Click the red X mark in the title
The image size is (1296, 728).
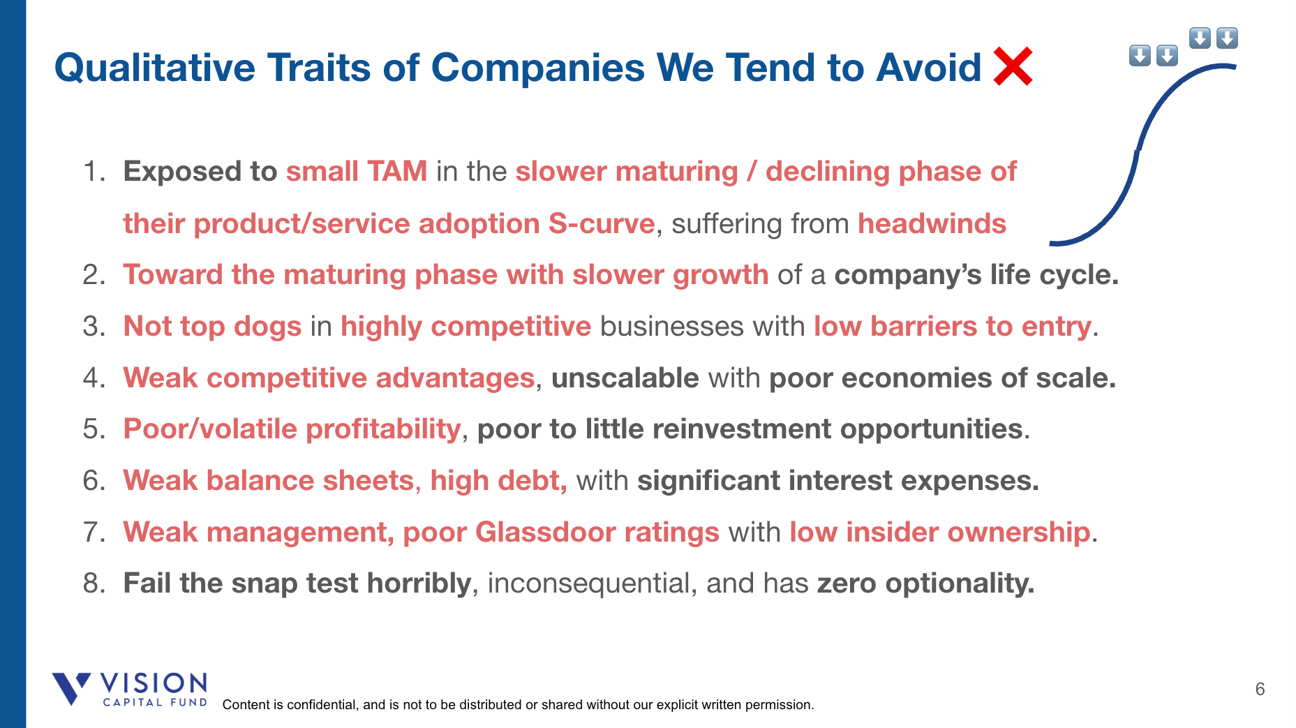pyautogui.click(x=1013, y=66)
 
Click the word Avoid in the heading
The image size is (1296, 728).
pyautogui.click(x=929, y=68)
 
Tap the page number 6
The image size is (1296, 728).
pyautogui.click(x=1260, y=689)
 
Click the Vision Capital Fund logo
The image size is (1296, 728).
pyautogui.click(x=130, y=690)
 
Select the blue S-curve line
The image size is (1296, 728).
pyautogui.click(x=1138, y=150)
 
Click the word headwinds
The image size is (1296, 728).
pyautogui.click(x=932, y=223)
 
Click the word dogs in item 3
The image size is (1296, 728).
pyautogui.click(x=267, y=327)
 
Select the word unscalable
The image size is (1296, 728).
pyautogui.click(x=625, y=378)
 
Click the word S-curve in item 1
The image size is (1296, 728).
pyautogui.click(x=602, y=223)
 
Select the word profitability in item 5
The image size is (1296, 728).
pyautogui.click(x=383, y=429)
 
